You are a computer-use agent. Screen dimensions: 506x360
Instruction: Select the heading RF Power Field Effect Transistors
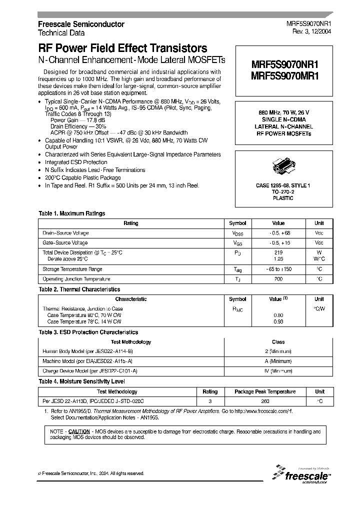tap(122, 48)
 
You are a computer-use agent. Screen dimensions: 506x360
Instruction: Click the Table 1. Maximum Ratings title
tap(72, 213)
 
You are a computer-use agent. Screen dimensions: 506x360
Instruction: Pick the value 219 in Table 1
tap(278, 252)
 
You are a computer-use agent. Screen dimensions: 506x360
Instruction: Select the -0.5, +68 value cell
tap(278, 233)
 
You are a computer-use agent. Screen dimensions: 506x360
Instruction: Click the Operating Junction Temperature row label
tap(76, 279)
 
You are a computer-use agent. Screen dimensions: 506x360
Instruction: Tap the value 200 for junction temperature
tap(278, 279)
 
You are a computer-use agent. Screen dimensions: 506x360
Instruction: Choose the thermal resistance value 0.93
tap(278, 322)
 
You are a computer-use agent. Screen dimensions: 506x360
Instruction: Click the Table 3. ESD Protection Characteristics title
tap(88, 332)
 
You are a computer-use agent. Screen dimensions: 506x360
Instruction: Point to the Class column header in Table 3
tap(278, 342)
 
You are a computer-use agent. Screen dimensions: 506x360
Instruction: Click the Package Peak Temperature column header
tap(265, 391)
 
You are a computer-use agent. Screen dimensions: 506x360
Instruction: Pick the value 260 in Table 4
tap(265, 401)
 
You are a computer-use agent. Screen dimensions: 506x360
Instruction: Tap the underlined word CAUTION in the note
tap(79, 431)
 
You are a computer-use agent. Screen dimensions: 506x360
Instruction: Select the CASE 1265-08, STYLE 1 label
tap(283, 186)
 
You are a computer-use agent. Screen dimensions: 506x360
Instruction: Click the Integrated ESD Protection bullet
tap(76, 162)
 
